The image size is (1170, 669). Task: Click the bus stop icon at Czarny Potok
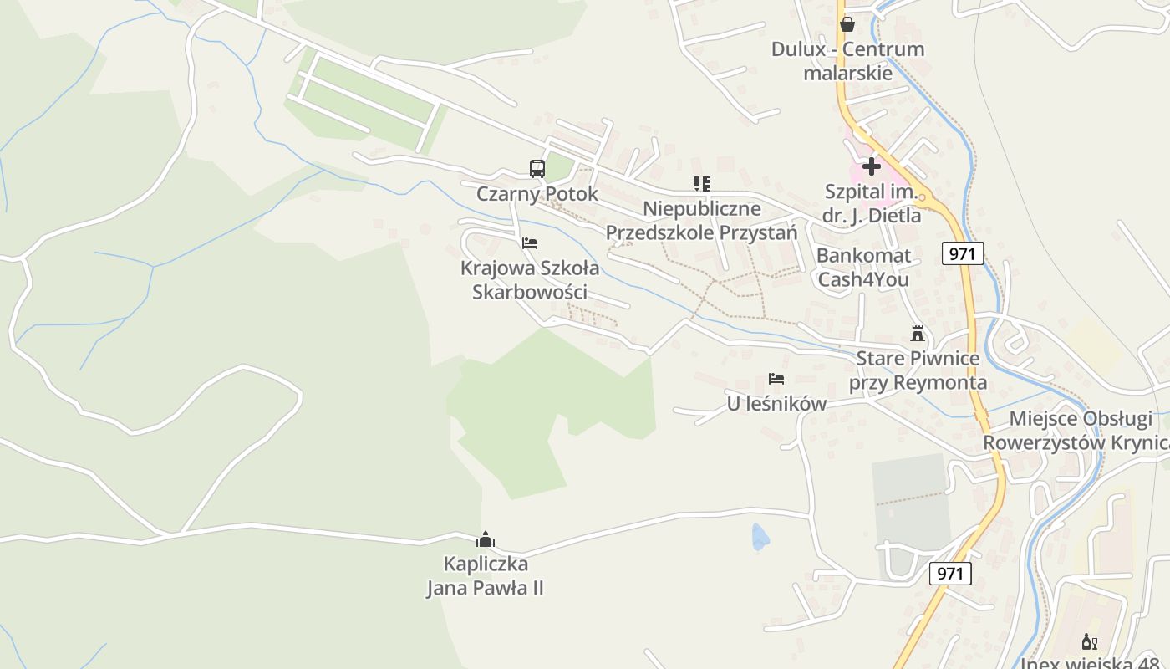(x=537, y=168)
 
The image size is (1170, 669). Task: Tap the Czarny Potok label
(x=537, y=194)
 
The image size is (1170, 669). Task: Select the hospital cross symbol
(x=872, y=166)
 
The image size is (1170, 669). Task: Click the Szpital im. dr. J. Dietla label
(x=871, y=204)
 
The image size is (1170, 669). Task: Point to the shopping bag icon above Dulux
(x=847, y=24)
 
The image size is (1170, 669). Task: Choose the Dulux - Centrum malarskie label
(x=847, y=61)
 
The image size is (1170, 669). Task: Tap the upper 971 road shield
(x=963, y=253)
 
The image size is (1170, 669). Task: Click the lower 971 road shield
(x=950, y=574)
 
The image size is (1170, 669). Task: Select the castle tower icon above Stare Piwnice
(x=918, y=334)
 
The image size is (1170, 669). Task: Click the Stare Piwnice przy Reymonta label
(x=918, y=370)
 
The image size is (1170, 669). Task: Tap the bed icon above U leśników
(x=776, y=379)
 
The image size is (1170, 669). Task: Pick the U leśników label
(x=776, y=404)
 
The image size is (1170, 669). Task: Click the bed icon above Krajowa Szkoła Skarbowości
(x=530, y=243)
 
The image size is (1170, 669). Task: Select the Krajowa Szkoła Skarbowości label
(x=530, y=280)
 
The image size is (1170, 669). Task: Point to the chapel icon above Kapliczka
(x=486, y=540)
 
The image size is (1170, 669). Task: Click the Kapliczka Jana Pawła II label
(x=486, y=575)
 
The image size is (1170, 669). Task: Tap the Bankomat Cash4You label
(x=863, y=268)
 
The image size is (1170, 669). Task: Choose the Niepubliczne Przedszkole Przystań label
(x=702, y=220)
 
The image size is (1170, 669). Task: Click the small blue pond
(x=759, y=537)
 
